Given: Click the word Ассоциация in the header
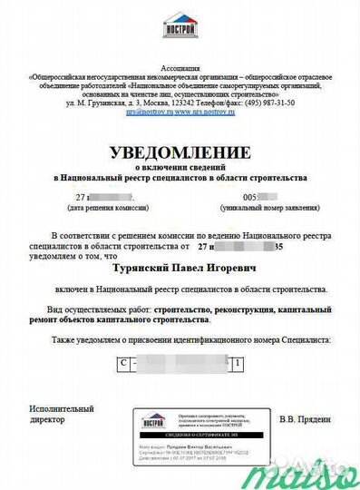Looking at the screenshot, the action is pos(180,68).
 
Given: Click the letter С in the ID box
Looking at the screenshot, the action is pos(122,363).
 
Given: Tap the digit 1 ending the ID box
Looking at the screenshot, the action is pos(238,363).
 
